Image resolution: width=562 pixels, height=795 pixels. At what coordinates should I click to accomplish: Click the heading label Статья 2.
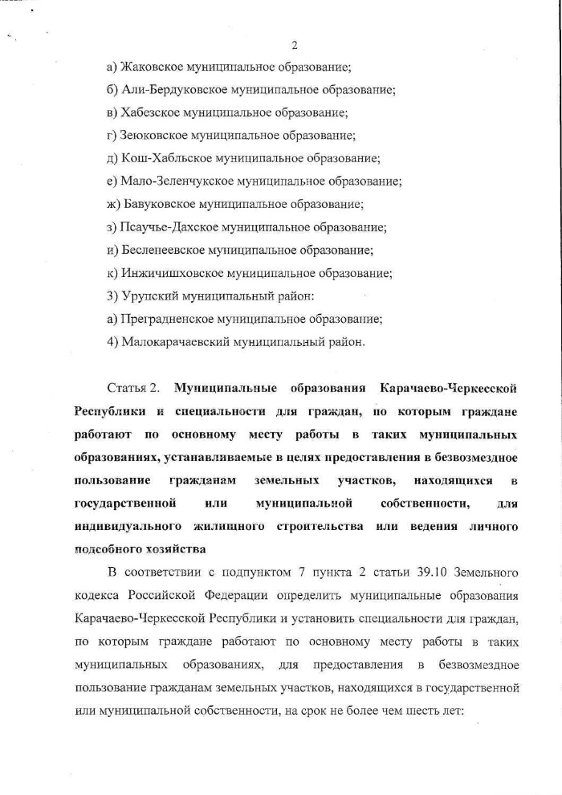coord(132,389)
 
